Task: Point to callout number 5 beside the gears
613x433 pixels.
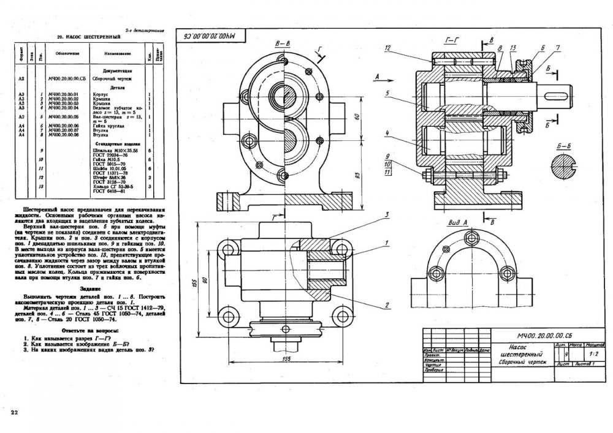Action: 388,94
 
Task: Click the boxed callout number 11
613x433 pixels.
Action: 388,173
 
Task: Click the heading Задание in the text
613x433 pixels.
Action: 91,288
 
